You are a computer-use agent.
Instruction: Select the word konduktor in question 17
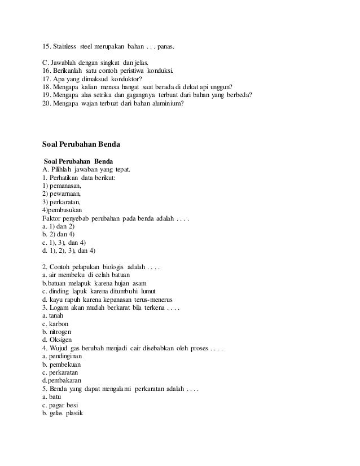(x=122, y=78)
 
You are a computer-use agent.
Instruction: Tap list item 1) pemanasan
(x=62, y=185)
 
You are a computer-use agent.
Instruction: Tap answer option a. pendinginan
(x=62, y=357)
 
